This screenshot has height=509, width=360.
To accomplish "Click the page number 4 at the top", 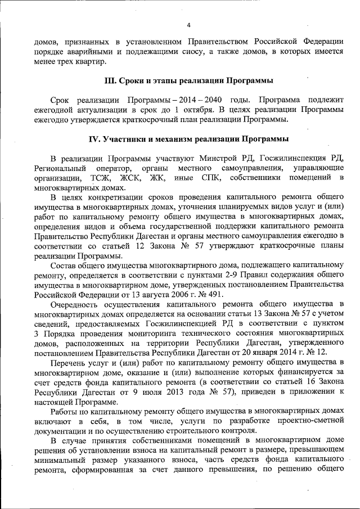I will point(189,25).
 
